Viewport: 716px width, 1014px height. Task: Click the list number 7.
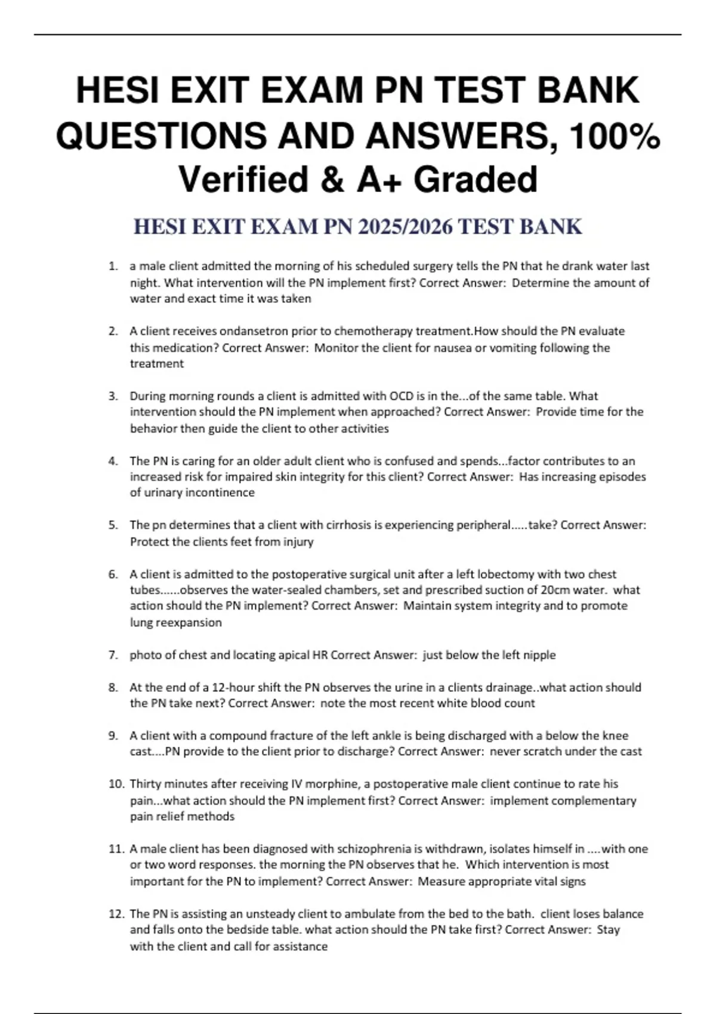coord(113,655)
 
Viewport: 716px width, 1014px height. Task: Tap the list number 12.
coord(116,914)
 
